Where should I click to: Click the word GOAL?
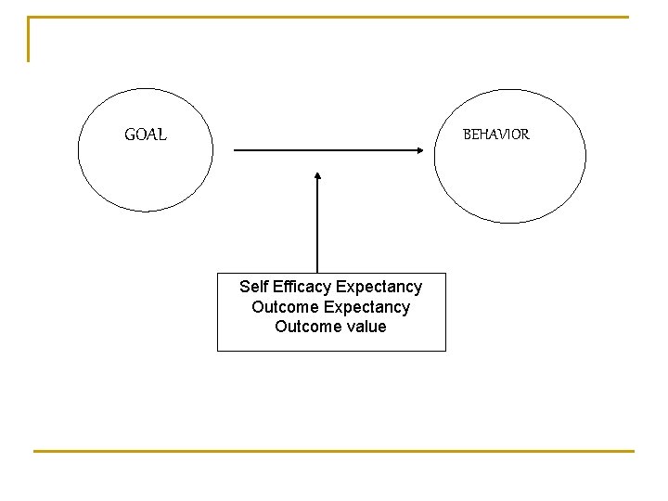coord(146,135)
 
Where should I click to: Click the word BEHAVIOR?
coord(496,135)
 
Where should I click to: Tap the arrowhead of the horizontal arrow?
coord(430,149)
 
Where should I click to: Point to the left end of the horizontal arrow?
coord(235,149)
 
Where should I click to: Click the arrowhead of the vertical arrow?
coord(317,174)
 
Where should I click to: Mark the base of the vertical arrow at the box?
coord(317,271)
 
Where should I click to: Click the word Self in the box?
coord(254,287)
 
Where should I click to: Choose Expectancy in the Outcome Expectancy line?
coord(367,307)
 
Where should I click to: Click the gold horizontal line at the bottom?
coord(334,451)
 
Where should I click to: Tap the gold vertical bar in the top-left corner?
coord(29,39)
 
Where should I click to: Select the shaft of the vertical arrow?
coord(317,223)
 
